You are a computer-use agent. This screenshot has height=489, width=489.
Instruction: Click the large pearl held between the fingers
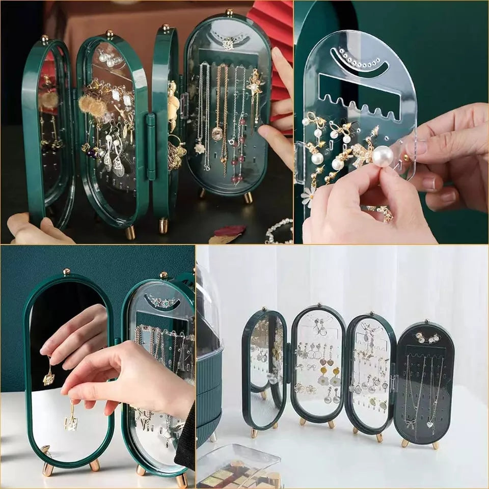[383, 156]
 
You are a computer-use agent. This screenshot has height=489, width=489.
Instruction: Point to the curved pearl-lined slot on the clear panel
[359, 61]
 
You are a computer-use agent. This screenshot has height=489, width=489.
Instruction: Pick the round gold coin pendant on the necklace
[218, 133]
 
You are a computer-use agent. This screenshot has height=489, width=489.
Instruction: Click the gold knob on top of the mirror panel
[66, 271]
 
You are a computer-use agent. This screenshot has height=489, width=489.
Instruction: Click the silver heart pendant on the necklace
[431, 424]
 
